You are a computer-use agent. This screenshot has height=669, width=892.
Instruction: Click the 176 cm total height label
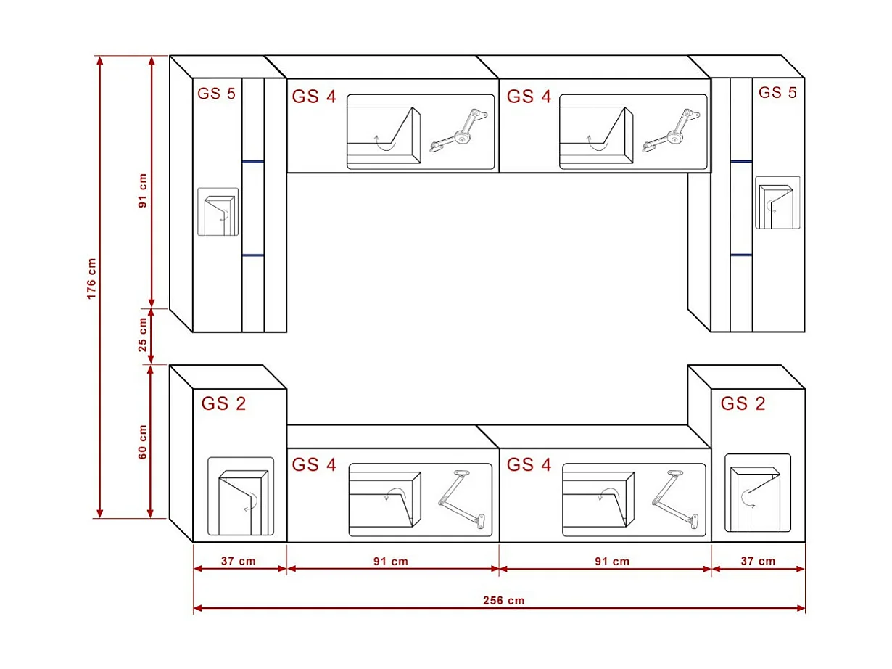click(x=91, y=279)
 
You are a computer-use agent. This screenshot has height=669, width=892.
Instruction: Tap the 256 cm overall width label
click(x=503, y=600)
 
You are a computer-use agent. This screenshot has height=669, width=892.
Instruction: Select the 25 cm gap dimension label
click(x=143, y=335)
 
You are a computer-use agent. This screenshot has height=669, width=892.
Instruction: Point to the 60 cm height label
click(x=143, y=442)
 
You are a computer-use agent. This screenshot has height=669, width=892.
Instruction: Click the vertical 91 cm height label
click(x=143, y=191)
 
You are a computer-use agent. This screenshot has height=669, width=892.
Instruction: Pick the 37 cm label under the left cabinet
click(x=238, y=562)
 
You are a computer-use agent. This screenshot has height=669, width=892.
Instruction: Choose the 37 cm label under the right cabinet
click(x=758, y=562)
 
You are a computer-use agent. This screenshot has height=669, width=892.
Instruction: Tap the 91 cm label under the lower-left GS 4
click(x=391, y=562)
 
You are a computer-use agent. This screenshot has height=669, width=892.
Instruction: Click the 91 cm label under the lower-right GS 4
click(x=612, y=562)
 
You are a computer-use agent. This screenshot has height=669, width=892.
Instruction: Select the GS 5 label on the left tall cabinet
click(x=216, y=94)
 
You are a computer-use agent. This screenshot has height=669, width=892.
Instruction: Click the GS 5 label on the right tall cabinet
click(x=777, y=93)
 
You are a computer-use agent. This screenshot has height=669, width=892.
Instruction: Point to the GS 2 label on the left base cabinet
click(x=223, y=403)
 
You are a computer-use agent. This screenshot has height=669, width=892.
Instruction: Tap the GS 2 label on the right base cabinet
click(x=743, y=403)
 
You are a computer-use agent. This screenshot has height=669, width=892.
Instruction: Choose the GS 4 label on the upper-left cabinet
click(x=314, y=97)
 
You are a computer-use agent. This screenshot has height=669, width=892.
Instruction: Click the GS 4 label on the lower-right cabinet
click(x=529, y=464)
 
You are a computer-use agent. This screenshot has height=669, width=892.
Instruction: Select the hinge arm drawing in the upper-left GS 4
click(x=459, y=131)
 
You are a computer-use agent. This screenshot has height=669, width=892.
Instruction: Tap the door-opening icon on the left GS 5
click(x=218, y=212)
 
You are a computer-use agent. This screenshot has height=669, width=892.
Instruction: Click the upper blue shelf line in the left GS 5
click(x=253, y=162)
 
